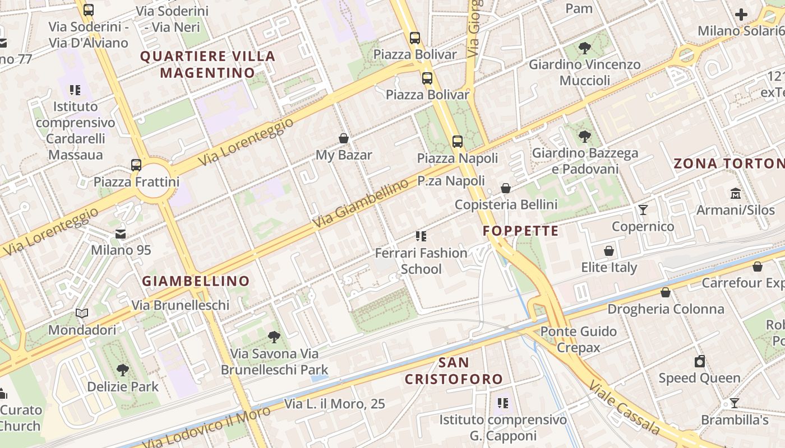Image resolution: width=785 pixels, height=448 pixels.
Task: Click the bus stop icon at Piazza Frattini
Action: (x=136, y=165)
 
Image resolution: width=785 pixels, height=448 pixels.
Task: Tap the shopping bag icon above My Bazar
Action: (x=344, y=138)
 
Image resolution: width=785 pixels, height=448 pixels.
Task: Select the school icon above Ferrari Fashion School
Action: (x=421, y=236)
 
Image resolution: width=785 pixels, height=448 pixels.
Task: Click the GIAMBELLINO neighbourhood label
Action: (x=196, y=281)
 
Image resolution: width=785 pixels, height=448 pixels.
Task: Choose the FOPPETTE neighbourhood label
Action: (x=521, y=231)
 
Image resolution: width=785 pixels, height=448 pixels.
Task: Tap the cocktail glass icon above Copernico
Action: (x=643, y=210)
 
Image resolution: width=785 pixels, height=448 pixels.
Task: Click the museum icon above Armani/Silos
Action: (x=735, y=194)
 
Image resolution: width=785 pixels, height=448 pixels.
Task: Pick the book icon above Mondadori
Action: (x=82, y=314)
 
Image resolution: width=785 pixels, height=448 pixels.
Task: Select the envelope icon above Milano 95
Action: (x=121, y=234)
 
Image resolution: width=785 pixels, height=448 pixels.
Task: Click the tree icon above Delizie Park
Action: (x=123, y=370)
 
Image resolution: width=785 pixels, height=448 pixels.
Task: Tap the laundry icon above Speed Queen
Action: (x=699, y=361)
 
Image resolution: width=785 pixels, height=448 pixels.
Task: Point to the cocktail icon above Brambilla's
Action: (x=734, y=403)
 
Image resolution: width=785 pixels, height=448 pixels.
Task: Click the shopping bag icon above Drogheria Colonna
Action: (x=666, y=292)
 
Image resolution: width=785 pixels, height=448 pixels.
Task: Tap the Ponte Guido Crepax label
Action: (x=578, y=339)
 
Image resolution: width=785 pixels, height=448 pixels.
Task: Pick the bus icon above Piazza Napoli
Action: (x=458, y=142)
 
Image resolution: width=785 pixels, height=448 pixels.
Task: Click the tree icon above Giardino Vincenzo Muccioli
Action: (x=584, y=48)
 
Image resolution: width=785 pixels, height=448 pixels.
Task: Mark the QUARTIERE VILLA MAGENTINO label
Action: (x=207, y=64)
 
